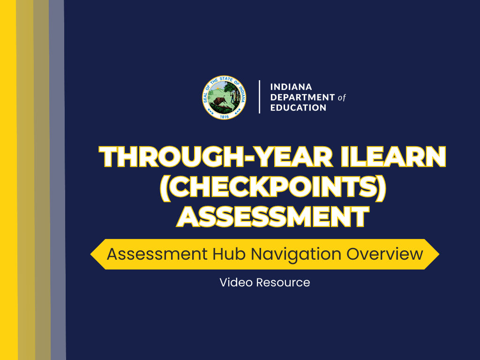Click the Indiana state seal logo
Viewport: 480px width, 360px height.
(225, 97)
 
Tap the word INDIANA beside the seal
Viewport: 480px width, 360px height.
(291, 87)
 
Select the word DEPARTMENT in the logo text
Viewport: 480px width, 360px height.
(302, 97)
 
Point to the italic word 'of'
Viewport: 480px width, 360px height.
(342, 98)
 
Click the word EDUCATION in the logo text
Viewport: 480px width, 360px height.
(299, 108)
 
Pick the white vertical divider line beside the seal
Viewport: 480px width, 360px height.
(260, 97)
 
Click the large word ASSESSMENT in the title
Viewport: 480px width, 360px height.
(273, 217)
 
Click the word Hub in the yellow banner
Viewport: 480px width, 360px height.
(230, 254)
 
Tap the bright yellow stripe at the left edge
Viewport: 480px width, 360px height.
(8, 187)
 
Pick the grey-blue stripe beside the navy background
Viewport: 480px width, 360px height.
(57, 187)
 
